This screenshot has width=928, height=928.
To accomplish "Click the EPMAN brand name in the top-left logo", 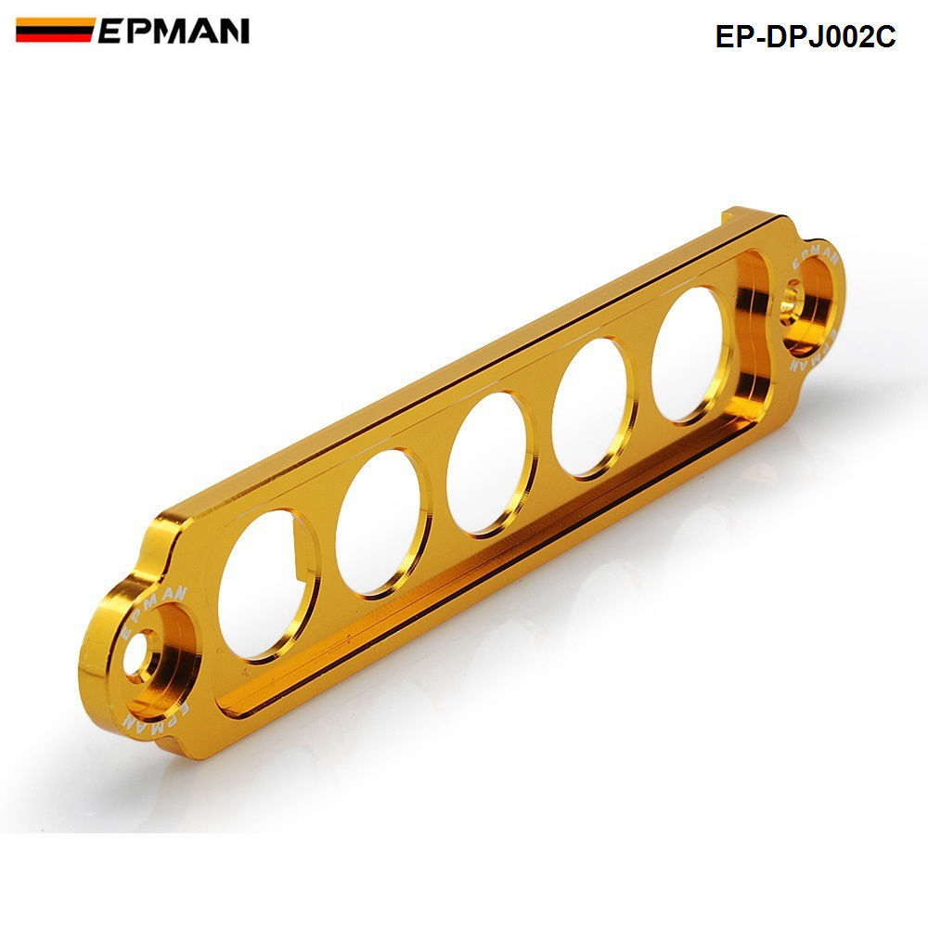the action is [174, 31].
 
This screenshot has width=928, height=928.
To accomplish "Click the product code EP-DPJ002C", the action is [806, 36].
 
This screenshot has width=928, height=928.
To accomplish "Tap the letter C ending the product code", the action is [884, 36].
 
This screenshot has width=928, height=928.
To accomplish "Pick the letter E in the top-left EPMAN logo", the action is [110, 31].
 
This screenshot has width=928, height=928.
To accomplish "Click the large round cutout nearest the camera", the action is [265, 584].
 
